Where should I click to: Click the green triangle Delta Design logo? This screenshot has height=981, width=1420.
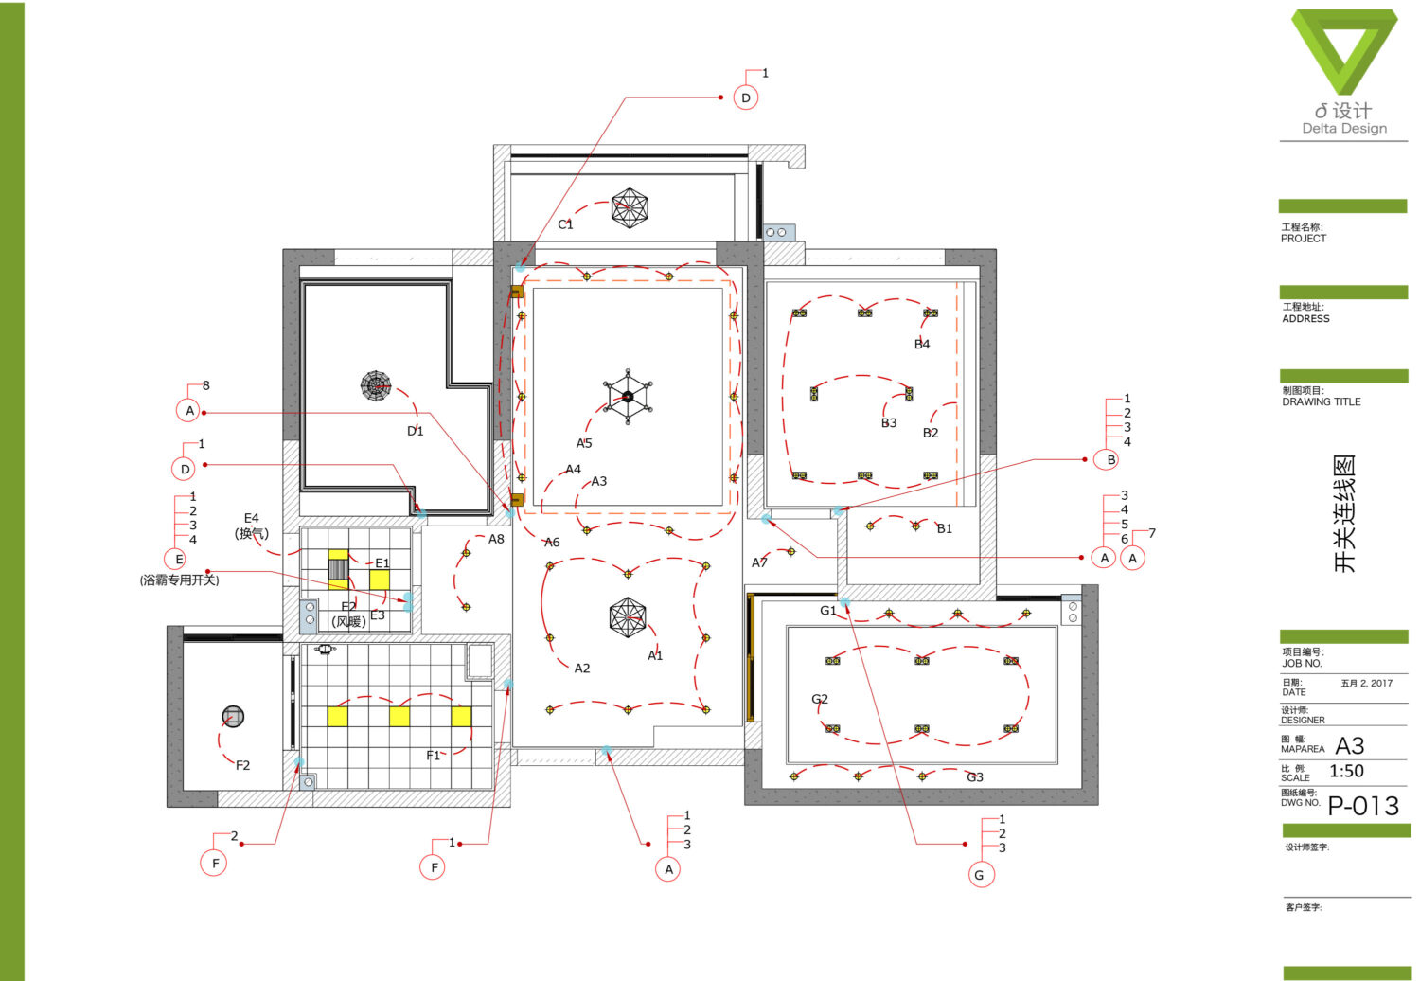(x=1344, y=51)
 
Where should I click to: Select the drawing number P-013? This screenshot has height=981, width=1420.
(x=1363, y=806)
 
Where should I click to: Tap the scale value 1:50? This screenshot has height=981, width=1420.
(x=1346, y=771)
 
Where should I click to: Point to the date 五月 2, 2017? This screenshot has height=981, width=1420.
(x=1367, y=683)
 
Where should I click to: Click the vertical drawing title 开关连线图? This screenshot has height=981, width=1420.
(x=1344, y=513)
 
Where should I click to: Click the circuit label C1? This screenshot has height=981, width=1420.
(x=565, y=224)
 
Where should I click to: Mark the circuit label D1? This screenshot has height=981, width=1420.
(x=416, y=431)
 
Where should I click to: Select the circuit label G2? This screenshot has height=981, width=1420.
(x=820, y=699)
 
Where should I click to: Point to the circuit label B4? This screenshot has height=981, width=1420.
(x=922, y=345)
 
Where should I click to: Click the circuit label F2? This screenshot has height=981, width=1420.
(x=242, y=765)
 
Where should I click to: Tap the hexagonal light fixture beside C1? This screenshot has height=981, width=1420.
(x=630, y=207)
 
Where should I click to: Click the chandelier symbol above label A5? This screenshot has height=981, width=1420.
(x=628, y=397)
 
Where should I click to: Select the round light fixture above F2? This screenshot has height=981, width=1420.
(x=233, y=717)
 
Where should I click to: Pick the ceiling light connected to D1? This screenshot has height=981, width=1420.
(x=376, y=385)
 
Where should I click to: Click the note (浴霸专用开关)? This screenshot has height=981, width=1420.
(x=180, y=580)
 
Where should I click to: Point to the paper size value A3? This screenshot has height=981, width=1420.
(x=1350, y=746)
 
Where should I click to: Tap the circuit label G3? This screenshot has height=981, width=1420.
(x=975, y=777)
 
